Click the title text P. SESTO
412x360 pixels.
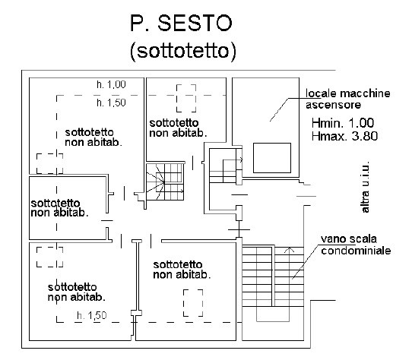[x=182, y=23]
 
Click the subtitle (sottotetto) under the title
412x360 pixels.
[x=183, y=52]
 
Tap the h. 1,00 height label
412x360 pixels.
[x=111, y=84]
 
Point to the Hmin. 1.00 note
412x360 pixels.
[x=343, y=123]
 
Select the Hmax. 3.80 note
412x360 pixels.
[x=344, y=136]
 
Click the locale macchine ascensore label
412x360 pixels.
[x=347, y=99]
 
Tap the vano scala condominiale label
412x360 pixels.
[x=356, y=245]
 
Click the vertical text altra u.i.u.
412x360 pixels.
[x=365, y=187]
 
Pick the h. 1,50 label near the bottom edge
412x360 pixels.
[x=92, y=315]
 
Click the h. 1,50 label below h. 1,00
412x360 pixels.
[x=111, y=103]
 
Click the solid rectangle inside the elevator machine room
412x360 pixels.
[x=272, y=158]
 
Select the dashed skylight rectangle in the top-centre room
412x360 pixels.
[x=186, y=98]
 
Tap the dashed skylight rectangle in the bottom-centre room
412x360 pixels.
[x=193, y=303]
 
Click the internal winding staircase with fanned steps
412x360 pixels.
[x=165, y=182]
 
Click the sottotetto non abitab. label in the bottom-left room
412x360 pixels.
[x=77, y=292]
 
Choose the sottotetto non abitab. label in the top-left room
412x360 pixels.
[x=93, y=137]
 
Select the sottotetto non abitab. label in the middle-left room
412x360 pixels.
[x=59, y=208]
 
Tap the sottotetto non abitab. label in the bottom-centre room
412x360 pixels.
[x=182, y=270]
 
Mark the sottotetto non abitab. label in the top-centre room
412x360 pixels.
[x=178, y=128]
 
